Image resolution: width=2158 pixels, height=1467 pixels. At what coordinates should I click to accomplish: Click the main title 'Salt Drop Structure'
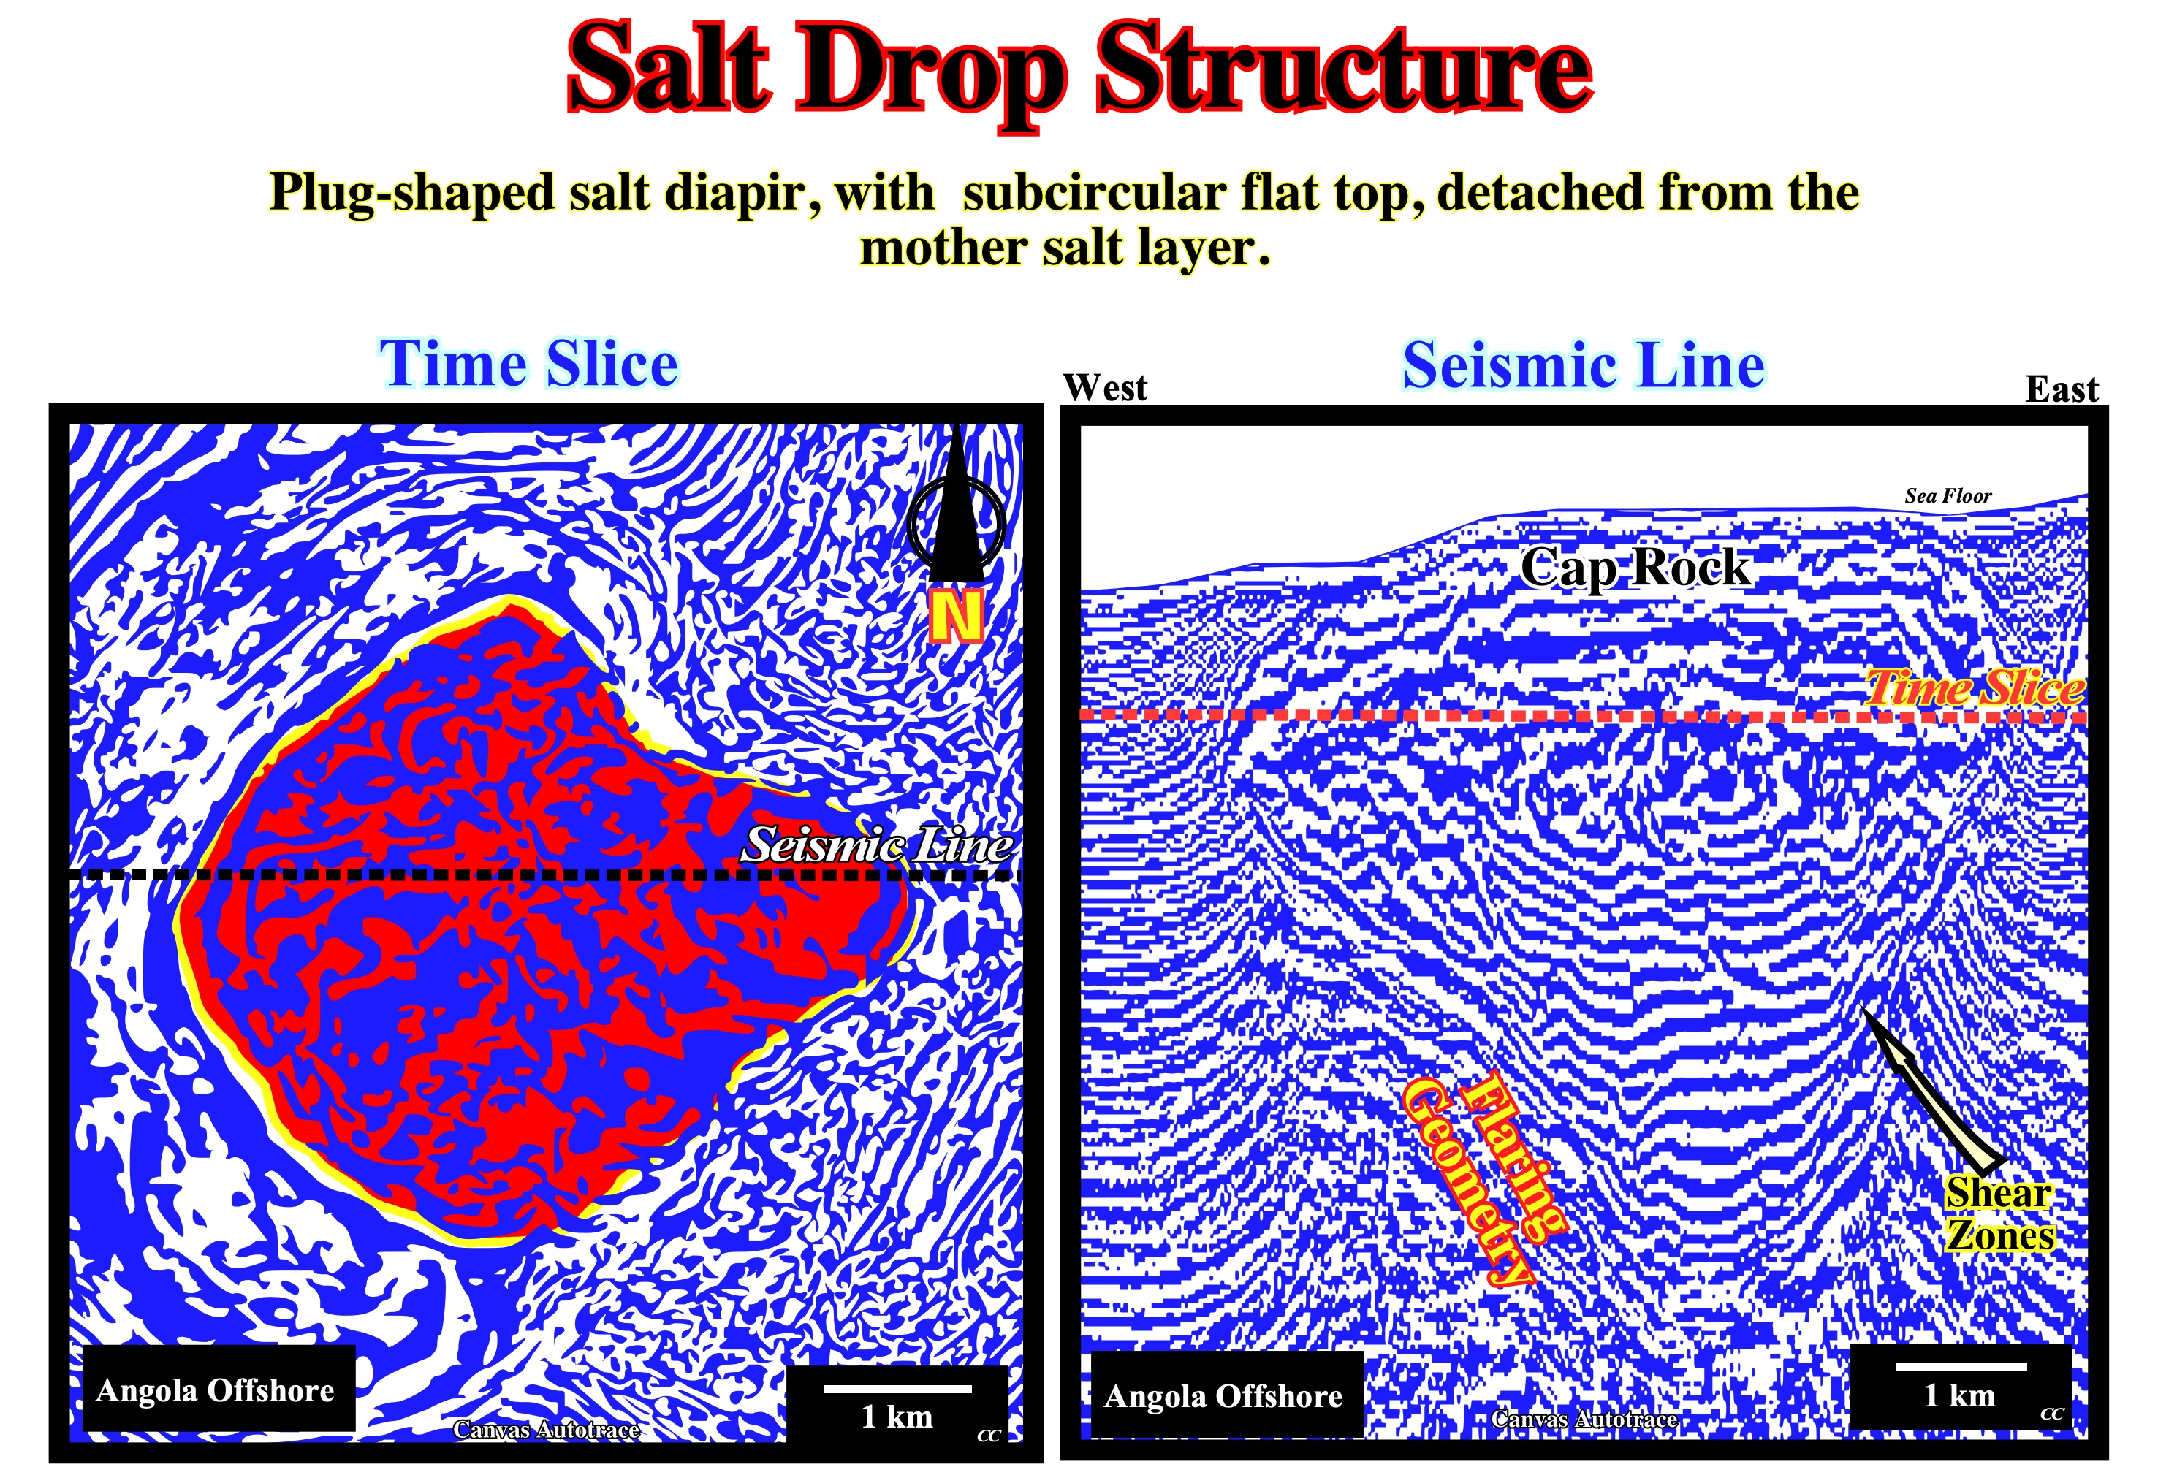1079,69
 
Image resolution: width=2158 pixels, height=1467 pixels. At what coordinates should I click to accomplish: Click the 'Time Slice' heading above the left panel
528,363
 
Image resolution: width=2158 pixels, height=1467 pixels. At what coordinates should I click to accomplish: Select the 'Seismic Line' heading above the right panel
1583,365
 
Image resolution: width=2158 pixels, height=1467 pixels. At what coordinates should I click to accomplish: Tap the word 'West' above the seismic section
1105,387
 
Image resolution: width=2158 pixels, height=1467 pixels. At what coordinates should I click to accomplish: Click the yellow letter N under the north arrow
957,617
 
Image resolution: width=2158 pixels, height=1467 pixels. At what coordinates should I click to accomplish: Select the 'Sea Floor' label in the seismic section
1948,496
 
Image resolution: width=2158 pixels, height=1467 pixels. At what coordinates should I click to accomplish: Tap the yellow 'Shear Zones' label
1999,1213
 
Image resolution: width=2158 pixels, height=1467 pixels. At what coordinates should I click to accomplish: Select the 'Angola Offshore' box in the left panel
219,1389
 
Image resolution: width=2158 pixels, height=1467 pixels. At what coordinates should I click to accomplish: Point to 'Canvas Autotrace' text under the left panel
546,1430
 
